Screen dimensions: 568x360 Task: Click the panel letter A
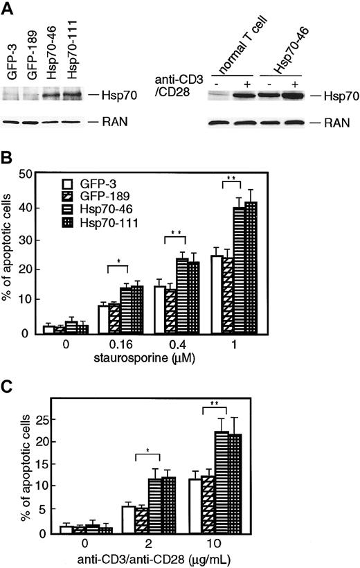8,8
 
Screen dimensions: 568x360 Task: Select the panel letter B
8,167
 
